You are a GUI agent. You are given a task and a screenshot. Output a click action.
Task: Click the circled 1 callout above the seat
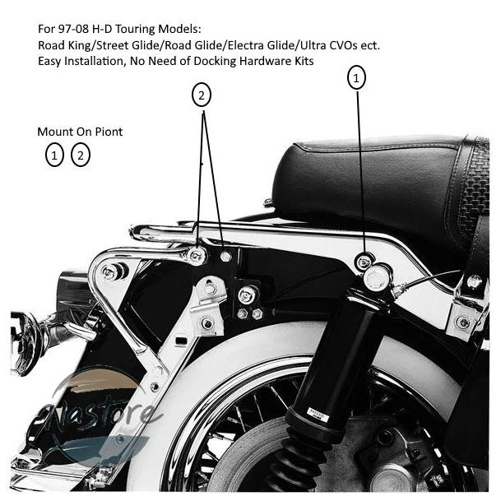click(x=356, y=77)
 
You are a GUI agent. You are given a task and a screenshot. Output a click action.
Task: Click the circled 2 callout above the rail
click(x=202, y=95)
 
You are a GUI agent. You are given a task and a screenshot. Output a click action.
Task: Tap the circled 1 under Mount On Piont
click(x=54, y=155)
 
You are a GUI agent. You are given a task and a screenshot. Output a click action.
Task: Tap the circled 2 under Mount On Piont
click(x=81, y=155)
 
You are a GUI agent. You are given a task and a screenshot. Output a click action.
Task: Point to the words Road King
click(x=64, y=45)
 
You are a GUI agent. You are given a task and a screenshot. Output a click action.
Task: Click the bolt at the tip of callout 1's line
click(x=364, y=262)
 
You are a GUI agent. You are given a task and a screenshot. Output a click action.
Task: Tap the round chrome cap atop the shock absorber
click(x=377, y=277)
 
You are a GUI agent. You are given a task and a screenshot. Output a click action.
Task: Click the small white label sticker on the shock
click(x=318, y=414)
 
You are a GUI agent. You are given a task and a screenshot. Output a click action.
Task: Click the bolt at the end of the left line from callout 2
click(x=196, y=256)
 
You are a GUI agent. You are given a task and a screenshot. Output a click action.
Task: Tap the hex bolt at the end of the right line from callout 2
click(x=225, y=256)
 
